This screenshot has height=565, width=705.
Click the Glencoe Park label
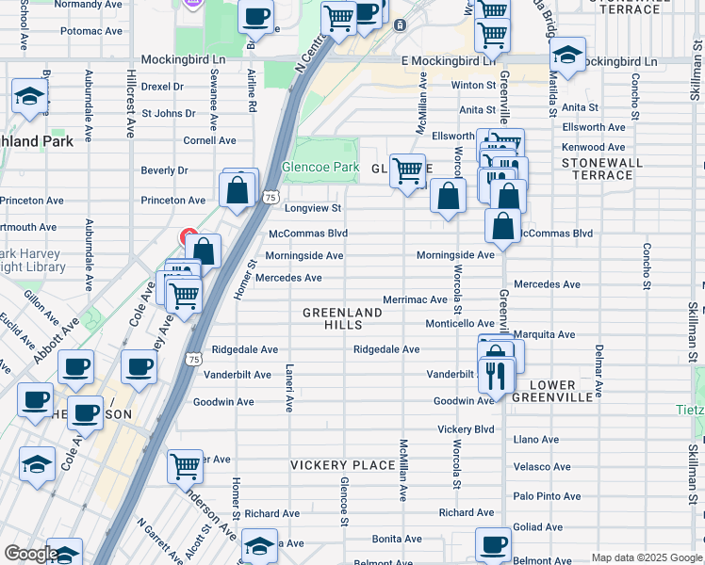(320, 167)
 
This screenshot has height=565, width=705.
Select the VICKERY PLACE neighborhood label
(342, 465)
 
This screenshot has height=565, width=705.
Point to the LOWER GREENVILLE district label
(552, 391)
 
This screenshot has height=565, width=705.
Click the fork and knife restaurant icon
(495, 375)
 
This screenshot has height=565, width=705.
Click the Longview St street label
(312, 208)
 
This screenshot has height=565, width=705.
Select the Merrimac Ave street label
(415, 299)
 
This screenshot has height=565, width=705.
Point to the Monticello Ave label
(459, 323)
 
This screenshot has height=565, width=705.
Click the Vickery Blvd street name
(466, 429)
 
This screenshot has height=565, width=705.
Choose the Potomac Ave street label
(91, 31)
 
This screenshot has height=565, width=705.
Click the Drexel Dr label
(162, 86)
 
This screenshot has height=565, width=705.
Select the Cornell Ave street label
(209, 140)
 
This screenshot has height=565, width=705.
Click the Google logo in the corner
(31, 555)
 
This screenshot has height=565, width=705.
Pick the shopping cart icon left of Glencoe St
(185, 464)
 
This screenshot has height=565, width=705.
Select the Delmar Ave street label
(598, 368)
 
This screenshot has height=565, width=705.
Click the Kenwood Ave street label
(593, 147)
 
